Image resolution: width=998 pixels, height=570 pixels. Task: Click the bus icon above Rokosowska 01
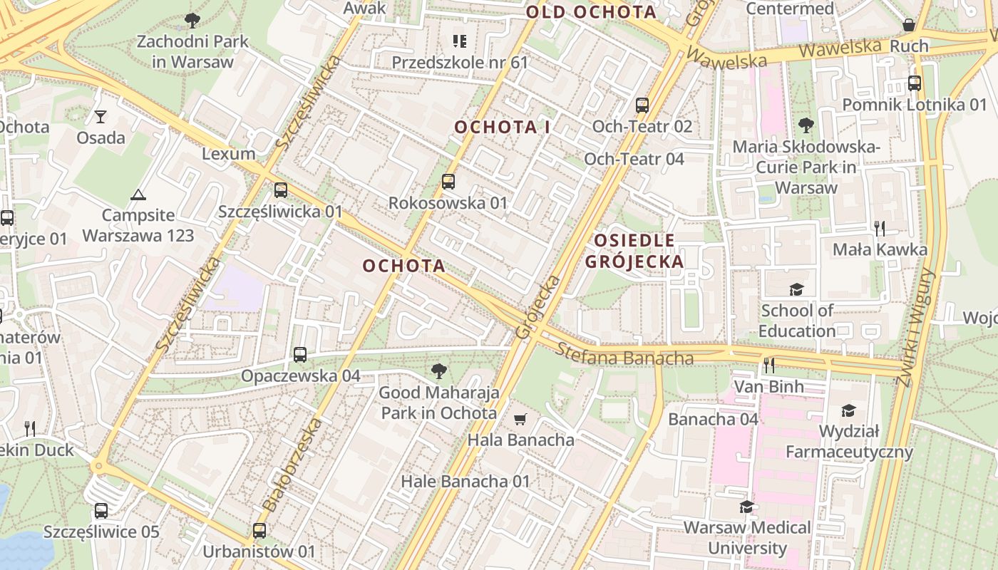448,182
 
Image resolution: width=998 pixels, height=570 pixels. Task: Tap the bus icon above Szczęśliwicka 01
281,190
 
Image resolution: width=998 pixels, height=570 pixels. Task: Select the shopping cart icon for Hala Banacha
520,419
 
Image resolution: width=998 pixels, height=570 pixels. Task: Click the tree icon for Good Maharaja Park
438,370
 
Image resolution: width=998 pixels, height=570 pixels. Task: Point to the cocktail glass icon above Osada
101,116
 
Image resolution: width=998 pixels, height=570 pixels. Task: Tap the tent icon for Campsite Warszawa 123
138,194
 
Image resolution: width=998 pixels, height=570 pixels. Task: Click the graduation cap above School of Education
796,289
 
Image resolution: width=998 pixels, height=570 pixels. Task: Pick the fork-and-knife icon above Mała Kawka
880,228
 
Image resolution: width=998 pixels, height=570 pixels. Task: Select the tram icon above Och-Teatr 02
642,105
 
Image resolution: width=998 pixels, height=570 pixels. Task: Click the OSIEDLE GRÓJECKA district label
634,251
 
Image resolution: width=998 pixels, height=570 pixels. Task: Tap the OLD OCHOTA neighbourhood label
591,11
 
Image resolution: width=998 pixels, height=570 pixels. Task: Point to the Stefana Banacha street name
625,354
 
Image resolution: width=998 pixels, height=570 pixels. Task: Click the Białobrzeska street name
292,465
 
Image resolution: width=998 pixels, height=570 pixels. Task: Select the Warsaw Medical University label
747,538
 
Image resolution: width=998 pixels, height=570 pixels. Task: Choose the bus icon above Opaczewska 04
300,354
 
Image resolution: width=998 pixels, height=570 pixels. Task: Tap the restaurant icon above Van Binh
769,366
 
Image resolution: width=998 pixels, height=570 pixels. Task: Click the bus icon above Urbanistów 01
259,531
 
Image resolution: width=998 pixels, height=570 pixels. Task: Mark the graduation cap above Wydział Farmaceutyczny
848,410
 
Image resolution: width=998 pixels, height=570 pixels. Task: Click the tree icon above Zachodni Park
192,21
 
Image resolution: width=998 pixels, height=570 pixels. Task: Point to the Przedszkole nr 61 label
460,63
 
